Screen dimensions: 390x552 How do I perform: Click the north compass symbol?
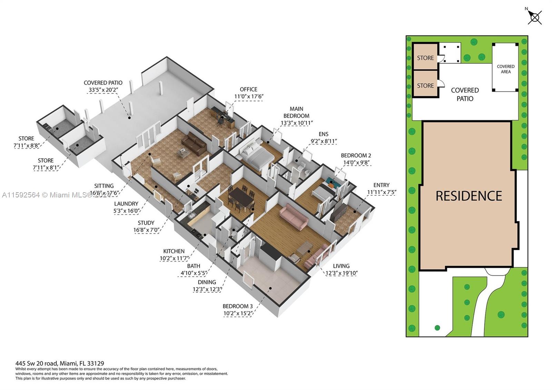coord(535,17)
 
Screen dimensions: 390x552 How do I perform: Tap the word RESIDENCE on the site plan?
coord(469,196)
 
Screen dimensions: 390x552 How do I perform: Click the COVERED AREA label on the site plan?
coord(505,69)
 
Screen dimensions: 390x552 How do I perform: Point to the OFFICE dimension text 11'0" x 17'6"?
coord(249,97)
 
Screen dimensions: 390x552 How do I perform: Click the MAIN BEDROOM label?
coord(296,113)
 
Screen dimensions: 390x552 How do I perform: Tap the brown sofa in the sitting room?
coord(194,144)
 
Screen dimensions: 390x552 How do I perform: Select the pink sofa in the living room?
coord(294,216)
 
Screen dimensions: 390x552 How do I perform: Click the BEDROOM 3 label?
coord(238,306)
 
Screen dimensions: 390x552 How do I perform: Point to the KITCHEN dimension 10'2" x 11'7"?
coord(174,258)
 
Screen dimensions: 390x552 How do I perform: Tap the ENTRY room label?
coord(381,185)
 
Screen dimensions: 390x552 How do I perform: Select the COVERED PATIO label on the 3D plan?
coord(103,83)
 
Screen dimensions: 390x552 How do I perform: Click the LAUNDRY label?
coord(126,204)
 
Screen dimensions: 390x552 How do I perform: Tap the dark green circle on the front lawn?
coord(437,328)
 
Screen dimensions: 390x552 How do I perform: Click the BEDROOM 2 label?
coord(356,155)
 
